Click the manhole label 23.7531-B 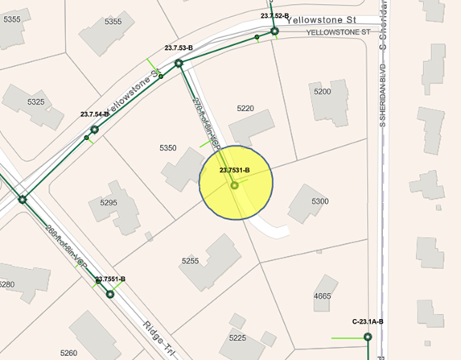coord(236,170)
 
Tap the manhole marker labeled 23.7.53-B coord(179,60)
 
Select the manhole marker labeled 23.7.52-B coord(274,32)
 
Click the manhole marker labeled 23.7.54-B coord(94,129)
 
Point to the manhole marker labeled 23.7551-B coord(109,294)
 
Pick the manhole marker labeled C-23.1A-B coord(367,337)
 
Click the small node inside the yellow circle coord(235,186)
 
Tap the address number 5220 coord(246,108)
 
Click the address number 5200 coord(322,92)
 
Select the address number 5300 coord(319,201)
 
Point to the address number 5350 coord(168,148)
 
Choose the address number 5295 coord(109,203)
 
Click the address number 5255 coord(190,261)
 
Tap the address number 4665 coord(322,296)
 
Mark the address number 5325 coord(36,102)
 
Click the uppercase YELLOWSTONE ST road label coord(338,32)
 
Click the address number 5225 coord(237,337)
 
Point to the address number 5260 coord(68,353)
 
